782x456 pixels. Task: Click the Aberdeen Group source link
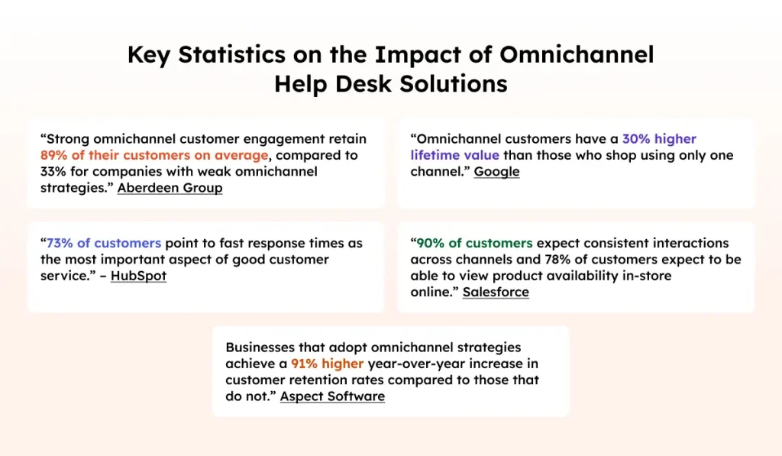[170, 188]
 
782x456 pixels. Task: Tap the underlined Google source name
[496, 172]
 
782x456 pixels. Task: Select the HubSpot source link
[138, 276]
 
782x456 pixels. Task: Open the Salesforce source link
[496, 292]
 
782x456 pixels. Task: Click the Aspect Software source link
[332, 396]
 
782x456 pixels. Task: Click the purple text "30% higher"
[659, 140]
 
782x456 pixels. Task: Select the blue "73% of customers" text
[104, 244]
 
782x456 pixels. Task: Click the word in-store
[648, 276]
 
